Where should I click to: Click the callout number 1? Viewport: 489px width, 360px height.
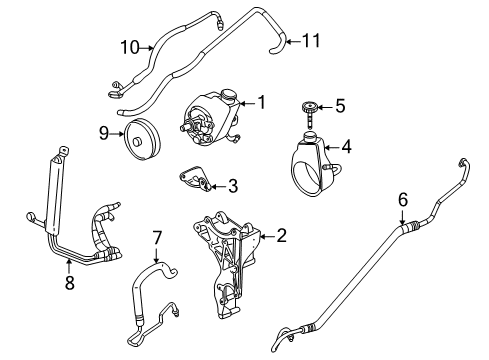tap(263, 101)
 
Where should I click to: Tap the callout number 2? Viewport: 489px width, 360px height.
tap(281, 237)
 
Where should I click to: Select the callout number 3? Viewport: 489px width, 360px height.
tap(232, 185)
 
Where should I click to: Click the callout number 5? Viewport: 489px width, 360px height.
tap(339, 104)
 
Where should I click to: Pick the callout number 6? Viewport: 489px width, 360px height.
tap(403, 201)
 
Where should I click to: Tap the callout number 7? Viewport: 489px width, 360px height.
tap(157, 239)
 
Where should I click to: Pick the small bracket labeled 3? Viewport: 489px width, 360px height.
tap(194, 180)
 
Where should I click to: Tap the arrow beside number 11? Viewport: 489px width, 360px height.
tap(290, 41)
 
